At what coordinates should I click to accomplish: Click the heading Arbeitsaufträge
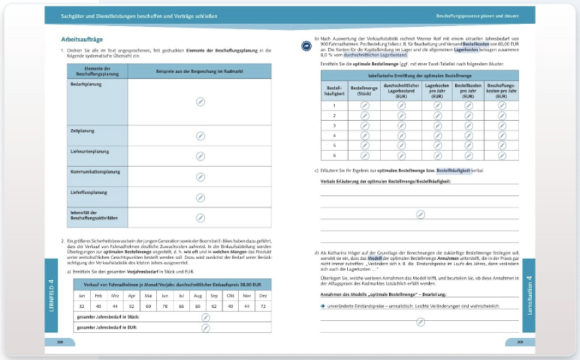pos(82,39)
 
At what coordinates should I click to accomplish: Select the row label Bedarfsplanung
pos(83,84)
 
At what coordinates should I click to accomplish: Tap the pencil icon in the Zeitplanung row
pos(200,136)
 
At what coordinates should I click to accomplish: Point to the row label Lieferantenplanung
pos(89,152)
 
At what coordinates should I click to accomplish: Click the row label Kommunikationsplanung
pos(93,172)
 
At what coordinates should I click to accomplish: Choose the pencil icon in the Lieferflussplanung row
pos(200,197)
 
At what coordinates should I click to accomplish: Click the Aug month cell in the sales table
pos(198,295)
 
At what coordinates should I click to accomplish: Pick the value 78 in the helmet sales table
pos(164,305)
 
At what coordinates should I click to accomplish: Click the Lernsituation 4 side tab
pos(529,294)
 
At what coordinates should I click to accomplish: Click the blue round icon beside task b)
pos(306,45)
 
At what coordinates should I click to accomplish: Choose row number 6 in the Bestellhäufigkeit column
pos(334,155)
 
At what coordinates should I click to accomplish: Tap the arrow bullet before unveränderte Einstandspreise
pos(322,305)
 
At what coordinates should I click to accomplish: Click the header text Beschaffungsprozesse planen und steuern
pos(476,15)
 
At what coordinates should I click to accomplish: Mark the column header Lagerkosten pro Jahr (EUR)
pos(437,91)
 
